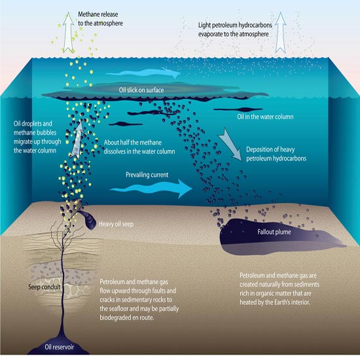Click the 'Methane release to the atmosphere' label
click(100, 18)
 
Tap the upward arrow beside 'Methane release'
click(69, 33)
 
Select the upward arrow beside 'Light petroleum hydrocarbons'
click(280, 33)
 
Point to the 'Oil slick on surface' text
click(141, 90)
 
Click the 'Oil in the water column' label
click(265, 117)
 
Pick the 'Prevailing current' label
click(147, 175)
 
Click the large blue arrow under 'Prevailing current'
click(151, 189)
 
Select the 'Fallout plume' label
click(274, 232)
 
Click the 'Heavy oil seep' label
click(116, 224)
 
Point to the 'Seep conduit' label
click(45, 287)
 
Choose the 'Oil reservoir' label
click(59, 347)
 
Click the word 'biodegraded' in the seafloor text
click(115, 317)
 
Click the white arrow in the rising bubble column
click(77, 140)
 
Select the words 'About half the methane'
click(132, 142)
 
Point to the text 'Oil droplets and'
click(33, 124)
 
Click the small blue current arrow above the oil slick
click(143, 73)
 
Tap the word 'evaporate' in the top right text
click(213, 34)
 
